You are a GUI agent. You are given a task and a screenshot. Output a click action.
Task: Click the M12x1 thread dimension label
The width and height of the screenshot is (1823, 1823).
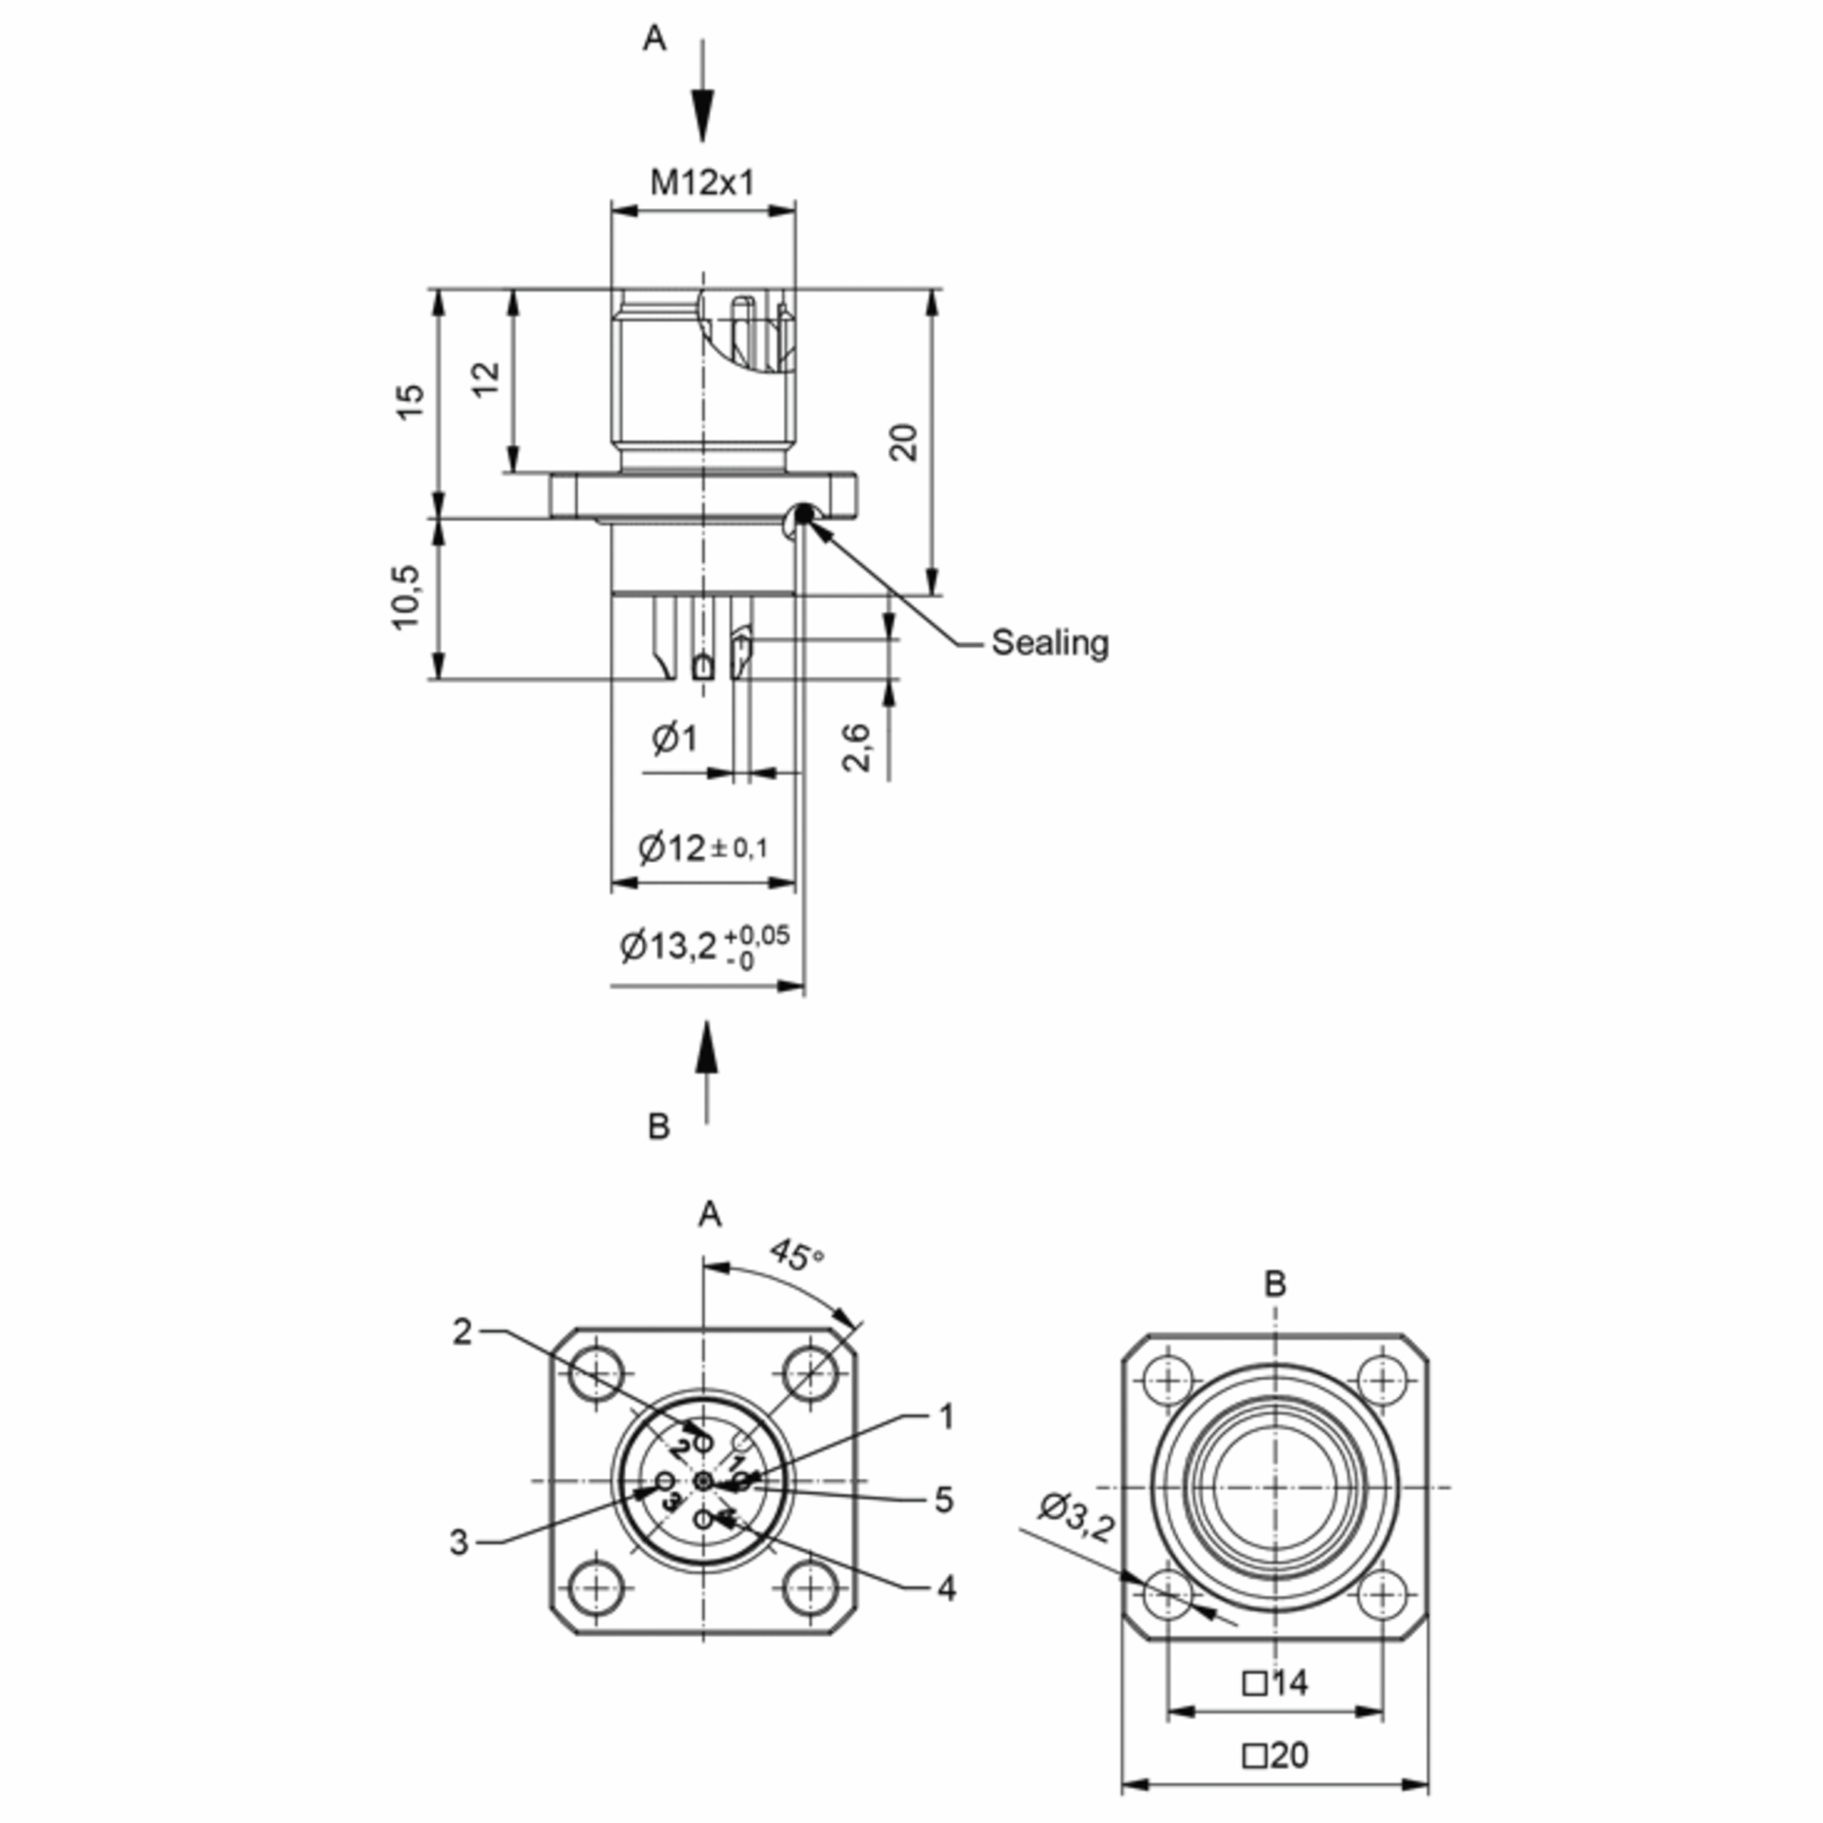pyautogui.click(x=702, y=182)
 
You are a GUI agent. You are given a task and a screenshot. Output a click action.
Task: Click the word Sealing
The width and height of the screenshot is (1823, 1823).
pyautogui.click(x=1049, y=643)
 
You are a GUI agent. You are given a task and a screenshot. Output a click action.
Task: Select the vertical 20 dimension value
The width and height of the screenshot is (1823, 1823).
pyautogui.click(x=904, y=441)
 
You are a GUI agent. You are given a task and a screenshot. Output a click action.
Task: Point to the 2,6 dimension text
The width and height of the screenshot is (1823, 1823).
pyautogui.click(x=856, y=747)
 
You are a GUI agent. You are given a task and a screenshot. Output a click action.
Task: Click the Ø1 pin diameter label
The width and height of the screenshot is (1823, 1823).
pyautogui.click(x=675, y=738)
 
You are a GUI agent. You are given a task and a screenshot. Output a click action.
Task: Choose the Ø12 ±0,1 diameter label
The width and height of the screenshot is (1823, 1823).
pyautogui.click(x=703, y=848)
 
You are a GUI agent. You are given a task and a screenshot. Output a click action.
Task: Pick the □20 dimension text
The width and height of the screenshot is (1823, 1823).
pyautogui.click(x=1276, y=1755)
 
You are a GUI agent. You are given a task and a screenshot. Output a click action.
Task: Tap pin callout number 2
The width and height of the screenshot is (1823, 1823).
pyautogui.click(x=461, y=1332)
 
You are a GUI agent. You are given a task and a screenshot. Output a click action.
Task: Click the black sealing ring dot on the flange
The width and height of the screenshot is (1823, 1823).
pyautogui.click(x=804, y=514)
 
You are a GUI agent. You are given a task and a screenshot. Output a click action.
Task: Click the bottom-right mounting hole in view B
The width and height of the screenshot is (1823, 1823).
pyautogui.click(x=1382, y=1594)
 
